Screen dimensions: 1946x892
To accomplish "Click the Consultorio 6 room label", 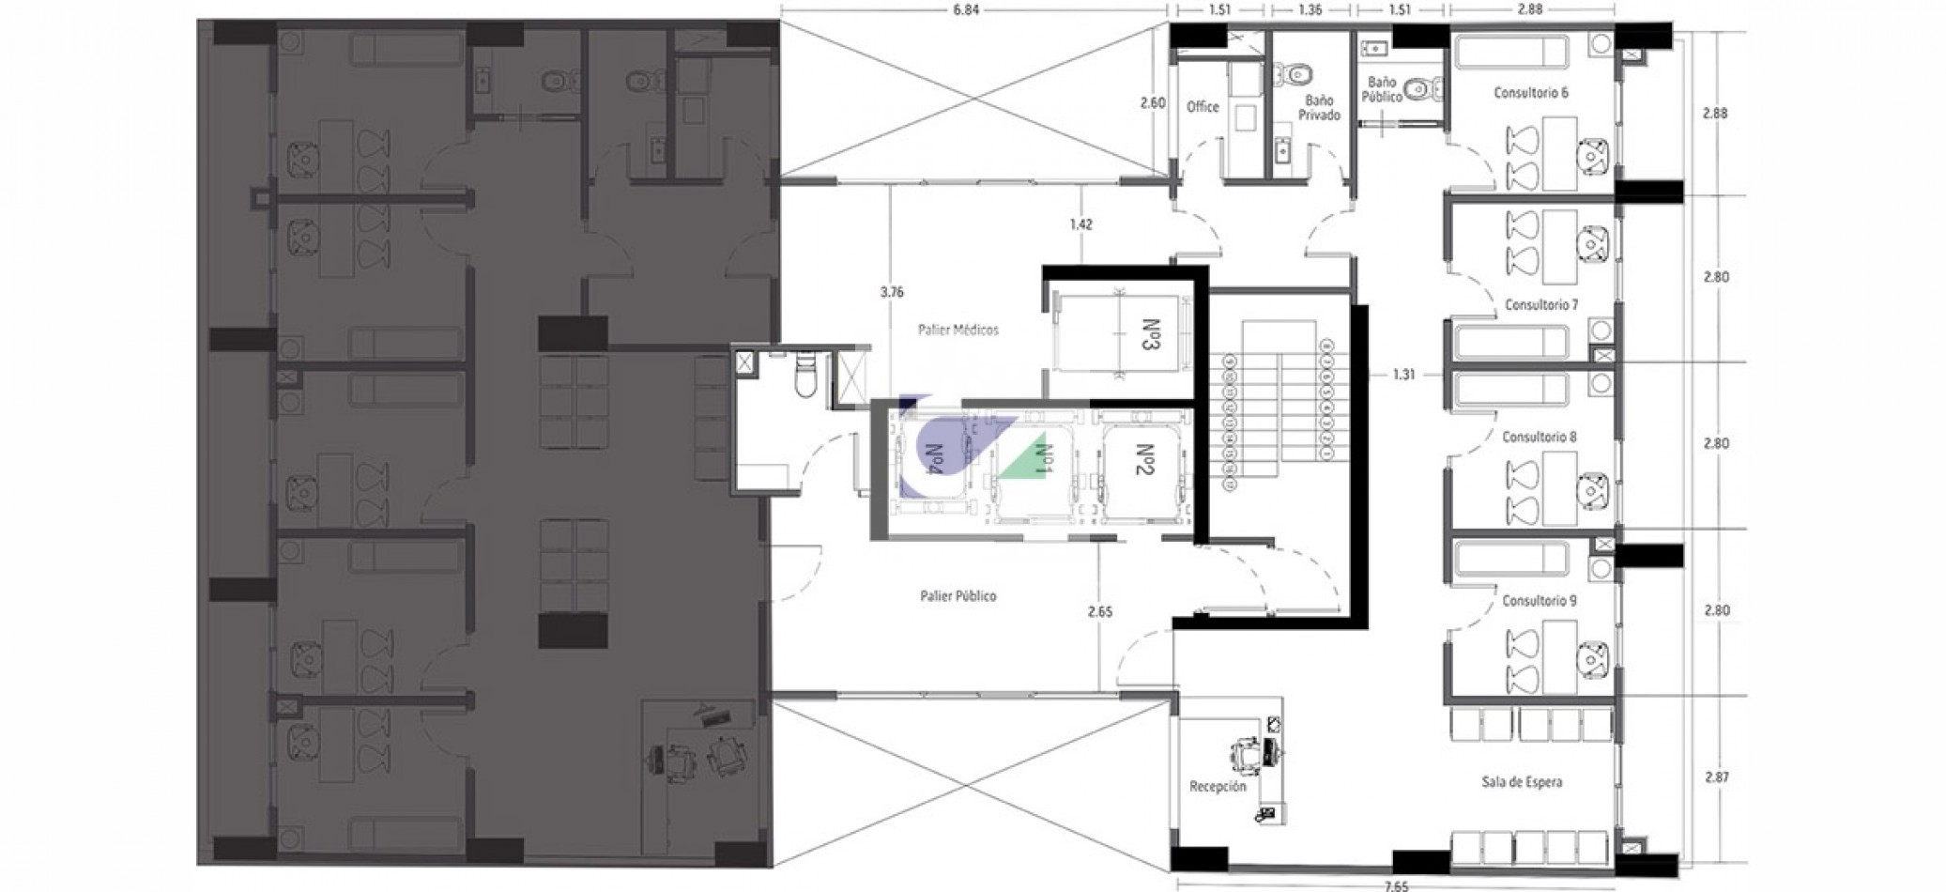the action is (x=1530, y=93).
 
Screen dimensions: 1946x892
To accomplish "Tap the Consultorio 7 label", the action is (x=1541, y=305).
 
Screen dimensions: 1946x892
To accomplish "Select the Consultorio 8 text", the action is (x=1539, y=438).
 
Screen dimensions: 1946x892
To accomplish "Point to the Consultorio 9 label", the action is (x=1539, y=601).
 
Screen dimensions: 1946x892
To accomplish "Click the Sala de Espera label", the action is (x=1522, y=782).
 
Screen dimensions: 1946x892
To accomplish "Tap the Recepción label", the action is (x=1218, y=787).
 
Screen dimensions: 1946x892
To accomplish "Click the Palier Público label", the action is (x=958, y=596).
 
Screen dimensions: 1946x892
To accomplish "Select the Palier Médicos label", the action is (x=958, y=331).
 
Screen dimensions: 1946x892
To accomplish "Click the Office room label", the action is (x=1203, y=107).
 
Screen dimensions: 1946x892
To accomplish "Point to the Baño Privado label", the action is (x=1321, y=107).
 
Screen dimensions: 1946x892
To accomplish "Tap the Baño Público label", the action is (x=1384, y=90).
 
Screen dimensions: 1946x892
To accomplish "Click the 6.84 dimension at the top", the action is (x=958, y=11).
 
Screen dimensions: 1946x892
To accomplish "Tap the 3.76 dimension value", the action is (x=892, y=292).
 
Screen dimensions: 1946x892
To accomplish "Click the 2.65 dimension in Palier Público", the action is (x=1100, y=612).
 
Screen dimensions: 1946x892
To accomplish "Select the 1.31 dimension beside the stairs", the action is (x=1403, y=375).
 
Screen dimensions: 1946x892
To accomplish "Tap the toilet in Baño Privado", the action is (x=1300, y=72).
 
